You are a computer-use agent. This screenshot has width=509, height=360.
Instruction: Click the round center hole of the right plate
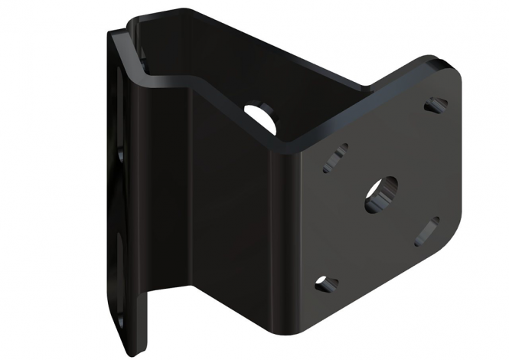click(x=380, y=195)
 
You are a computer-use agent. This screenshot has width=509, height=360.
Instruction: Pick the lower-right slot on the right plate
click(x=426, y=231)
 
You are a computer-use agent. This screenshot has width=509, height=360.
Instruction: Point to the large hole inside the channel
click(x=261, y=113)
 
